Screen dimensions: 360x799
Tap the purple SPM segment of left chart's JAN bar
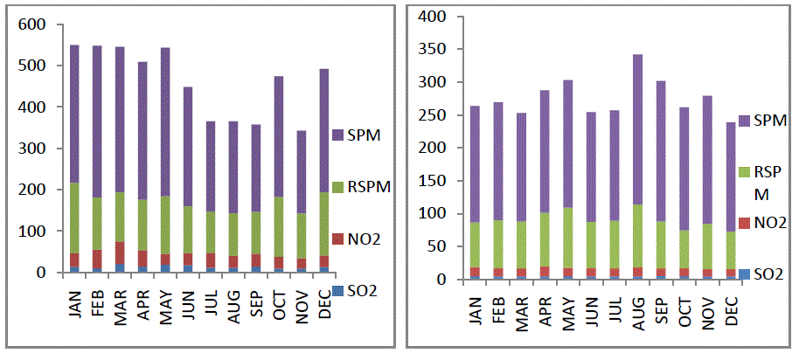[74, 114]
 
